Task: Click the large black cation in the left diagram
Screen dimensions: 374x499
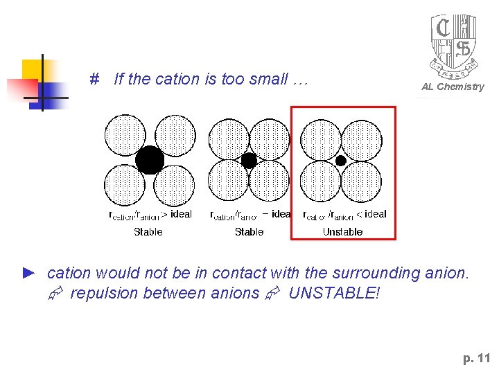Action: point(150,160)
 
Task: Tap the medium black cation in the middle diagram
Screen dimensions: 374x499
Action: point(249,161)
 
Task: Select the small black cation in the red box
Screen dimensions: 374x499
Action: point(341,161)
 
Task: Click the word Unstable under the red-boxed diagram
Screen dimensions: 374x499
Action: point(342,232)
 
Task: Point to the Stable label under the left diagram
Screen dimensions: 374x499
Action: point(148,232)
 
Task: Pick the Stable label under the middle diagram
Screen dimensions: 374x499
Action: point(249,232)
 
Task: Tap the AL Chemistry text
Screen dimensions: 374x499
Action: point(453,87)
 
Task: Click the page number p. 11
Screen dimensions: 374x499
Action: point(476,358)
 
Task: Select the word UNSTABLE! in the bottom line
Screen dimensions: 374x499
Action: point(334,293)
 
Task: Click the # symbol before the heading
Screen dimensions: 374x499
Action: point(95,79)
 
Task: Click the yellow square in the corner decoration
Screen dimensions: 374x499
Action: point(33,69)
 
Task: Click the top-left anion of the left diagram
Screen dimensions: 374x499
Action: point(125,134)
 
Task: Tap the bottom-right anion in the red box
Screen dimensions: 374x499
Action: point(361,181)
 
